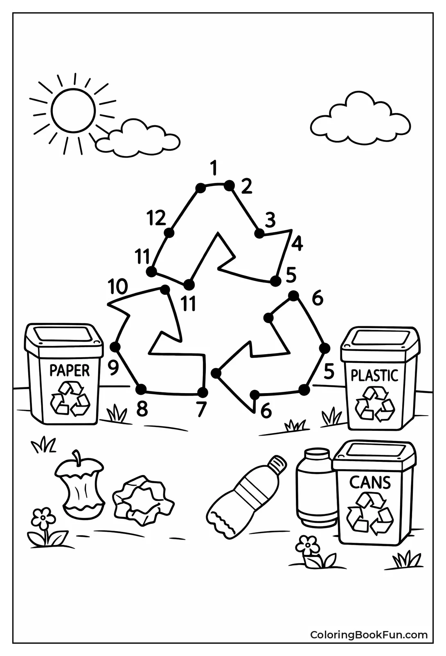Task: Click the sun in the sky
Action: (74, 110)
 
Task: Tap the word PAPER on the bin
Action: (69, 370)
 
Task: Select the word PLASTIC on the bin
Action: (374, 375)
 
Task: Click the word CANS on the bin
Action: (370, 483)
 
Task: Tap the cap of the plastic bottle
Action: (277, 465)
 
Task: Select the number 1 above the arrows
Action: (213, 168)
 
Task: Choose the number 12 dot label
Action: (156, 217)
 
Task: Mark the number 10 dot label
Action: (118, 287)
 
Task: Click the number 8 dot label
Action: (142, 408)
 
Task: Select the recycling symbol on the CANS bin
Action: (370, 514)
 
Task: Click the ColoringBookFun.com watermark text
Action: (369, 635)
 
